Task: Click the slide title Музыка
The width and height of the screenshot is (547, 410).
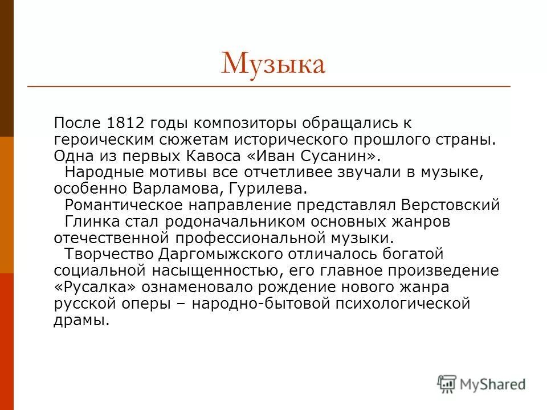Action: (x=273, y=64)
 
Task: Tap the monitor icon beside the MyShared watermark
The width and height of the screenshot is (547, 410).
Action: (x=447, y=383)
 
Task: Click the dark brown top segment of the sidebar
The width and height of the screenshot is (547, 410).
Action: (x=7, y=68)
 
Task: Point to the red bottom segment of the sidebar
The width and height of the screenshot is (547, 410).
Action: (x=7, y=342)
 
